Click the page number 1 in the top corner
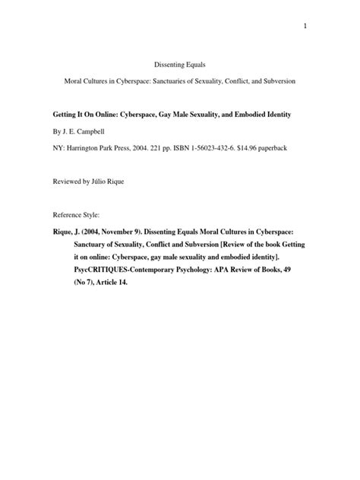click(x=304, y=27)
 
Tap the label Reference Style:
click(x=77, y=215)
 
